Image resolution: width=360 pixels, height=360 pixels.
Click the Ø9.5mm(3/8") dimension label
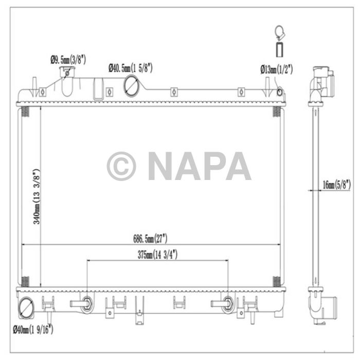pos(68,60)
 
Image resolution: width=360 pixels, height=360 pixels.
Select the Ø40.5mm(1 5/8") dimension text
pos(130,67)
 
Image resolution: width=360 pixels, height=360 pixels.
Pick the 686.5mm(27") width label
pos(150,239)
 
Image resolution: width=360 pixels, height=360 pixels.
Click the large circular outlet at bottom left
pos(25,309)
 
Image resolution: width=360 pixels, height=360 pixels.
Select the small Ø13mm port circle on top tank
pos(279,93)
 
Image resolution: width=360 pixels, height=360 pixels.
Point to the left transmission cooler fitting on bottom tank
pos(86,303)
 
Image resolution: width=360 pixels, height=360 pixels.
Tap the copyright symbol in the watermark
pos(121,166)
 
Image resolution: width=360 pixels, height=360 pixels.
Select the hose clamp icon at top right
pos(279,33)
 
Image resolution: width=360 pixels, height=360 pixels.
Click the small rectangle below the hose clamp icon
pos(279,50)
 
